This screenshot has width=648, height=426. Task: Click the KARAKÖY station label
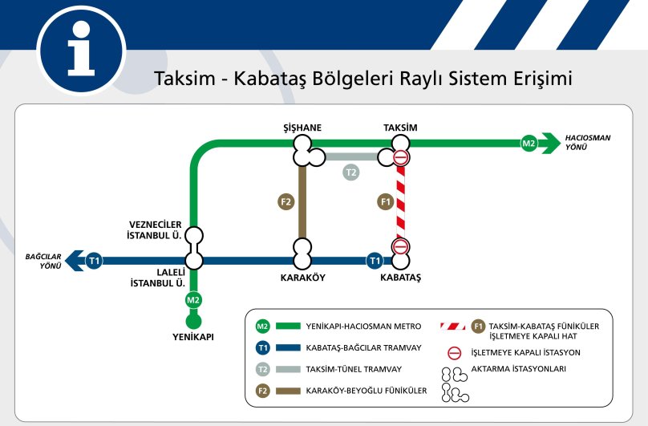tap(302, 278)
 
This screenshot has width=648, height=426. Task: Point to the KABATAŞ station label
tap(401, 278)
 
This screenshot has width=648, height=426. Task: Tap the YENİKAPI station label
tap(192, 337)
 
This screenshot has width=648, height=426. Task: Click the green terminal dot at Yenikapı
tap(192, 321)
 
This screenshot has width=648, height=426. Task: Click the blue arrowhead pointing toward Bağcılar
tap(74, 261)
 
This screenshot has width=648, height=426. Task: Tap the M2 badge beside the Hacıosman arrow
tap(529, 144)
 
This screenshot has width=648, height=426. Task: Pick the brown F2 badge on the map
tap(286, 201)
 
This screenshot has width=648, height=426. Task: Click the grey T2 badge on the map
tap(350, 172)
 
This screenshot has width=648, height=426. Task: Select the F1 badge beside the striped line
tap(385, 201)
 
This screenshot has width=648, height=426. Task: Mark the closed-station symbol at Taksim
tap(401, 157)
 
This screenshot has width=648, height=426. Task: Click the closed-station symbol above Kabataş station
tap(401, 246)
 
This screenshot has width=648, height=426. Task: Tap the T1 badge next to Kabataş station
tap(374, 260)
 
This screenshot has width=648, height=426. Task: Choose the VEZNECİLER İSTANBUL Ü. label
tap(156, 229)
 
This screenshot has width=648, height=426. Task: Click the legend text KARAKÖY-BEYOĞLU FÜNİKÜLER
tap(367, 391)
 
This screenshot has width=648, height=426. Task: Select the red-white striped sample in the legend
tap(452, 327)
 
